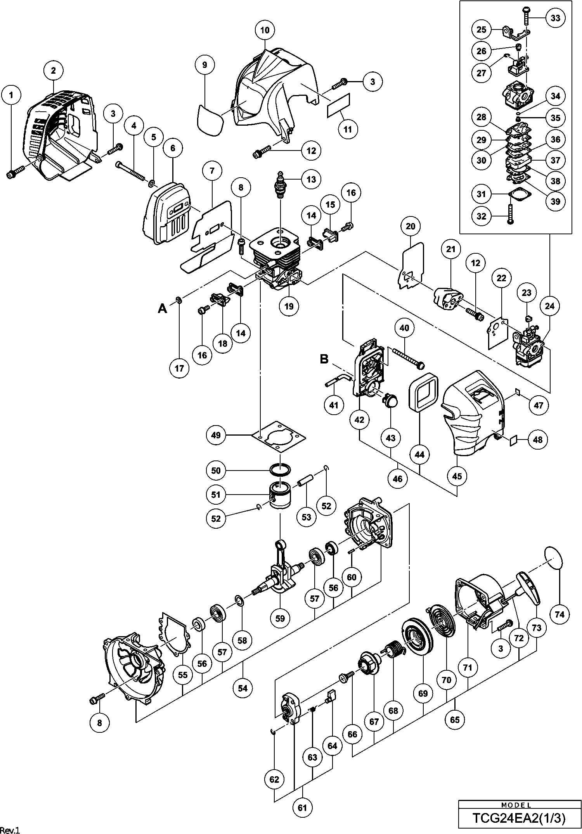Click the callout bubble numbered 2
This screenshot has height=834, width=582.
coord(53,70)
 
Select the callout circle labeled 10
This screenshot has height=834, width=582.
coord(265,30)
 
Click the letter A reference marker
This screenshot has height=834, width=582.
coord(162,309)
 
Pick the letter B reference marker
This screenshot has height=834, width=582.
coord(324,359)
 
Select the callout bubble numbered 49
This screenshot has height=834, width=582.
coord(216,435)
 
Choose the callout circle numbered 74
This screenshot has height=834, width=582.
coord(560,614)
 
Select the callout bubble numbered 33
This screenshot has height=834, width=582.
coord(556,18)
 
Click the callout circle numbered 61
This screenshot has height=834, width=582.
coord(303,808)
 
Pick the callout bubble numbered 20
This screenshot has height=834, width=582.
coord(411,226)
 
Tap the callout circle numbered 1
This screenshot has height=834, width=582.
coord(11,95)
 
